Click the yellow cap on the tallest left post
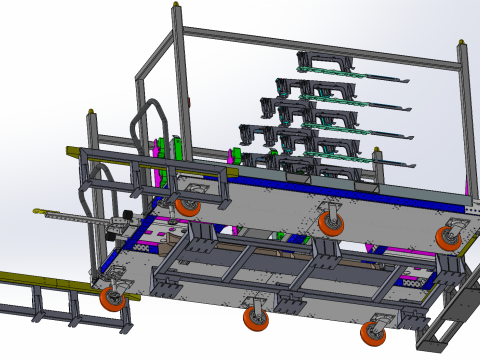pos(178,7)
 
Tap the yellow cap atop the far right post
pos(461,42)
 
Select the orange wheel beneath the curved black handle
pos(187,206)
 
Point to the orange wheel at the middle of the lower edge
pos(257,320)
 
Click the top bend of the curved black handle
pos(151,101)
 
